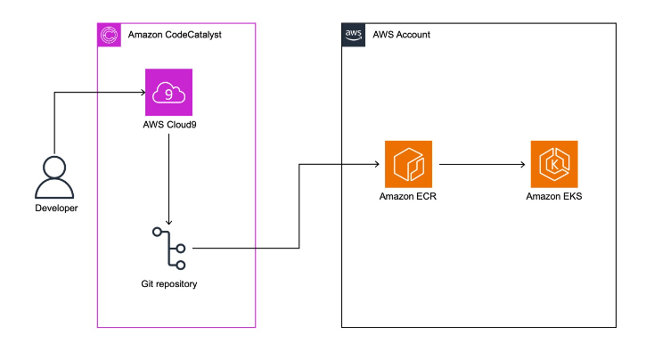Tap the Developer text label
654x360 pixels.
[x=55, y=209]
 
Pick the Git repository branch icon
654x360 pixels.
[x=169, y=249]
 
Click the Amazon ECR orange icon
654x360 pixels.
[x=407, y=163]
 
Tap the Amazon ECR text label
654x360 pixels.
[x=407, y=196]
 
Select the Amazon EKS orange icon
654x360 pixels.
[x=553, y=163]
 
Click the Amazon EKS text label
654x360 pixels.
[x=553, y=196]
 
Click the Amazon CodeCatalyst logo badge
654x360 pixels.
[x=109, y=35]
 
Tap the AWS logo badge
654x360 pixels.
[x=354, y=35]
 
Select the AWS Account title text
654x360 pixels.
[x=399, y=35]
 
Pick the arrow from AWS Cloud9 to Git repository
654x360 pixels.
[x=169, y=178]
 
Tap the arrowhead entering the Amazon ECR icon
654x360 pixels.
[x=379, y=163]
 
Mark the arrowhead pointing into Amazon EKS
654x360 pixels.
[x=525, y=163]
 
